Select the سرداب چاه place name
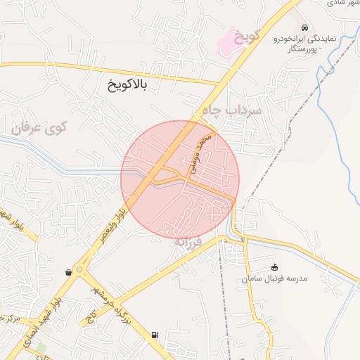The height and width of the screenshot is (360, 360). point(231,110)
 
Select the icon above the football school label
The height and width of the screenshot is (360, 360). point(275,266)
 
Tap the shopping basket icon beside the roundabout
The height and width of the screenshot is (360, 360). point(67,271)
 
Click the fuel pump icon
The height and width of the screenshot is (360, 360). point(154,336)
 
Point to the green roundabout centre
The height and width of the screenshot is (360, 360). point(79,269)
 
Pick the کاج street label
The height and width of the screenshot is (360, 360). point(91,317)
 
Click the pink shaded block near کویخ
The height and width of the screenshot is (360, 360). point(227,42)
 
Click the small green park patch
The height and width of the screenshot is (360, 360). point(41,347)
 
